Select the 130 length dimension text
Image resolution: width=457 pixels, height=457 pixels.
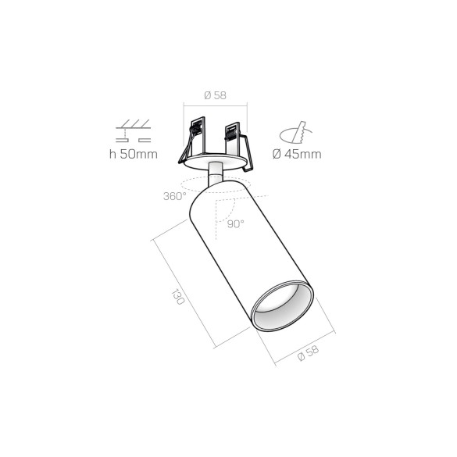[177, 298]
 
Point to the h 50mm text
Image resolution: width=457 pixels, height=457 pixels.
[134, 154]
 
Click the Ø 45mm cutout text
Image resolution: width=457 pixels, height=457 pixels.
[297, 154]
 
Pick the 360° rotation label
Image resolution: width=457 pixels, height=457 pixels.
[174, 196]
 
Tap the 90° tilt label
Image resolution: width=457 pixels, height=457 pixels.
[236, 223]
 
